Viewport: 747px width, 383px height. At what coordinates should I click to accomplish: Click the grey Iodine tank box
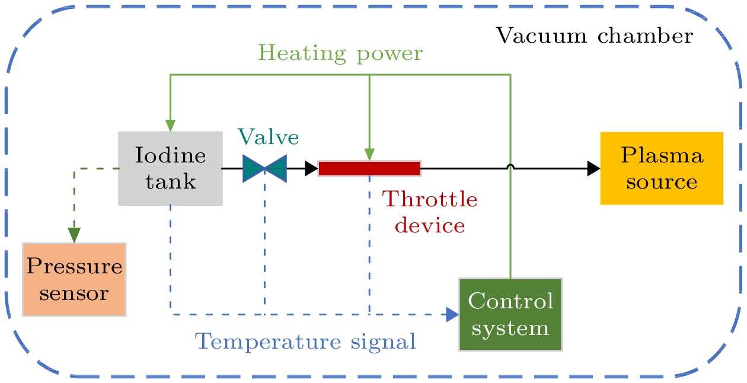170,168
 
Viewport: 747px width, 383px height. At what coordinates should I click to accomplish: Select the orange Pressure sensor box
74,279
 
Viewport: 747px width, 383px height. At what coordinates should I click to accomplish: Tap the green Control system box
510,314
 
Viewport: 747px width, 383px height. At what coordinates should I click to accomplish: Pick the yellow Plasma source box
662,168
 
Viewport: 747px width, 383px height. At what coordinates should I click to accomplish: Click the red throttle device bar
369,168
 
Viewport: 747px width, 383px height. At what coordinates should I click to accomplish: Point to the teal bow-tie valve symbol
264,168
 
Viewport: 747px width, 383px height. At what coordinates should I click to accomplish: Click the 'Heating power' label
341,53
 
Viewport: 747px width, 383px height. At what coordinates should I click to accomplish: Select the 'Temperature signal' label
305,341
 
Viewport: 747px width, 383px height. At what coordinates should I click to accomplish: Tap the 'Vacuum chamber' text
594,36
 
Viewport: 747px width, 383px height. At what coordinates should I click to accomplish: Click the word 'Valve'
269,138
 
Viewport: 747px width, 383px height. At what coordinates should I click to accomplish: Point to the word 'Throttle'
430,199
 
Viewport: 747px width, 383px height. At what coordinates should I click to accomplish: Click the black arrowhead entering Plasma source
593,168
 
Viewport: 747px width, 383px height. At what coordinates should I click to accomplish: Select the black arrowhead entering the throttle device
312,168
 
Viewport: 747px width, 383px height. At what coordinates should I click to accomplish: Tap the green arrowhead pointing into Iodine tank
170,125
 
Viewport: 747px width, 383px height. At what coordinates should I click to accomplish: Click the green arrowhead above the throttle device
369,154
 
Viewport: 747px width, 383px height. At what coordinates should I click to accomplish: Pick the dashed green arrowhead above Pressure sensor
74,235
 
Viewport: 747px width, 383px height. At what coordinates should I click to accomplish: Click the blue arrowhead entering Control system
452,314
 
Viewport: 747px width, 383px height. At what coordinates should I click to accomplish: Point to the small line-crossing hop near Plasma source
510,167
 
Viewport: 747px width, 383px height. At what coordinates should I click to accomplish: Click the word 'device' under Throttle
430,225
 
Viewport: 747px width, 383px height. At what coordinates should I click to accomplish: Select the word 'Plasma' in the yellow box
662,156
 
